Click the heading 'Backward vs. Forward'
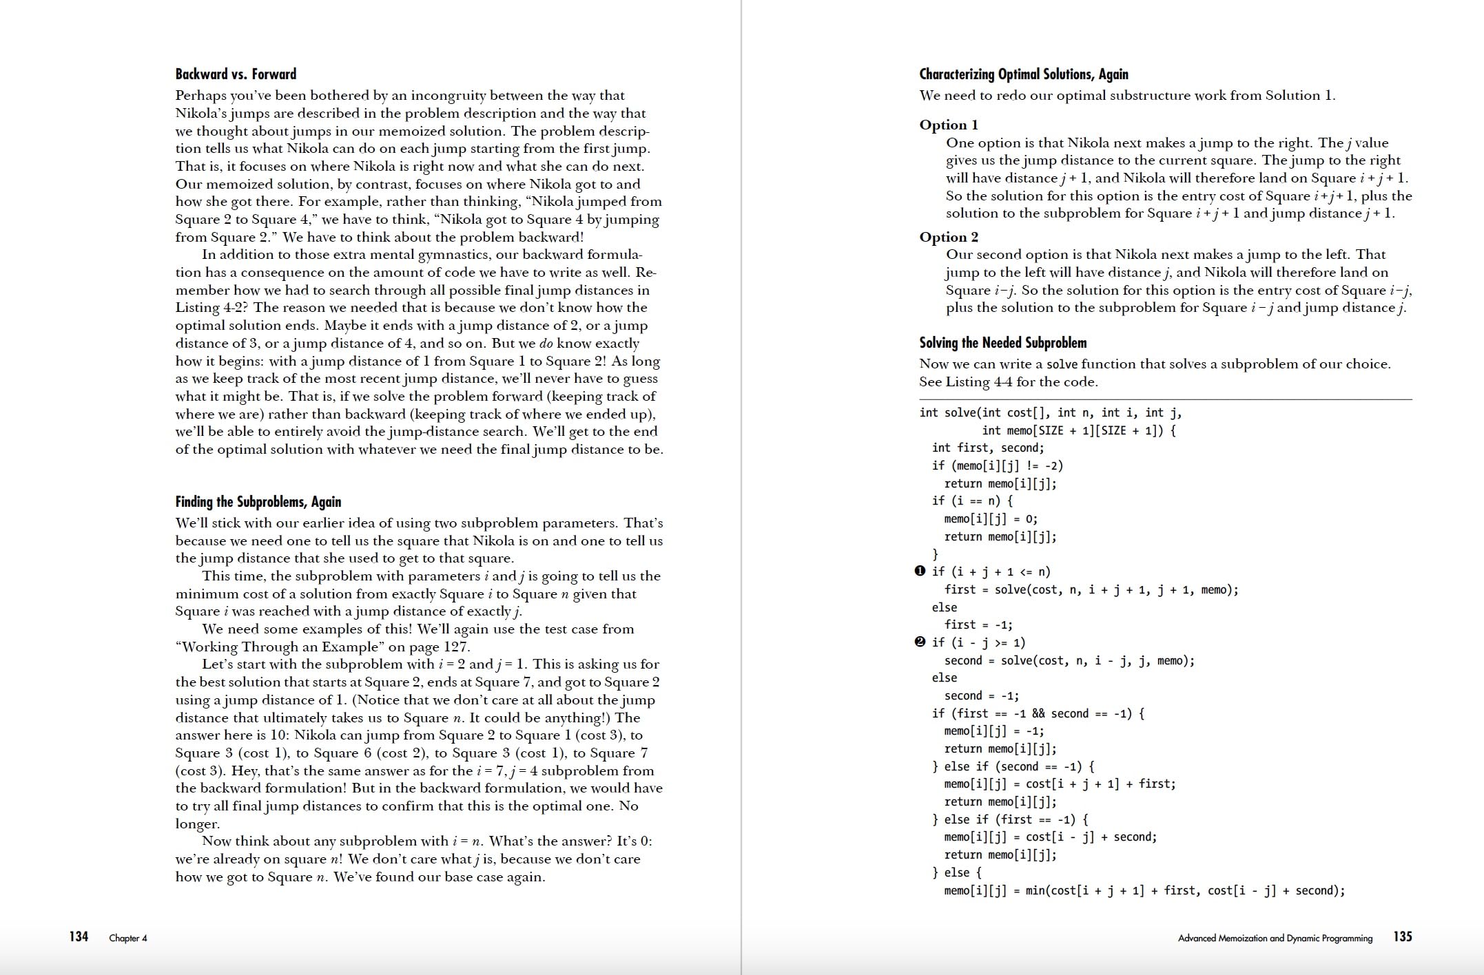236,74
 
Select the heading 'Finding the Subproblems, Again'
258,502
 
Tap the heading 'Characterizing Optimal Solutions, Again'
1024,74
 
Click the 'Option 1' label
949,125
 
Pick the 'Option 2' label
949,237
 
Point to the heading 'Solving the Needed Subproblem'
1002,343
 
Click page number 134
79,936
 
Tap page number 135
1403,936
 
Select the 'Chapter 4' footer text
128,938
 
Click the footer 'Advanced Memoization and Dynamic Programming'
1275,938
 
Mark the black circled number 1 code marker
920,572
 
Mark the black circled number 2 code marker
920,642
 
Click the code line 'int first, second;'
988,448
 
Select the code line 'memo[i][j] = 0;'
991,519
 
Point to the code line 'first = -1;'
978,625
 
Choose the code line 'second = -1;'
982,696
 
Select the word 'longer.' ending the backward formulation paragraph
198,824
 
